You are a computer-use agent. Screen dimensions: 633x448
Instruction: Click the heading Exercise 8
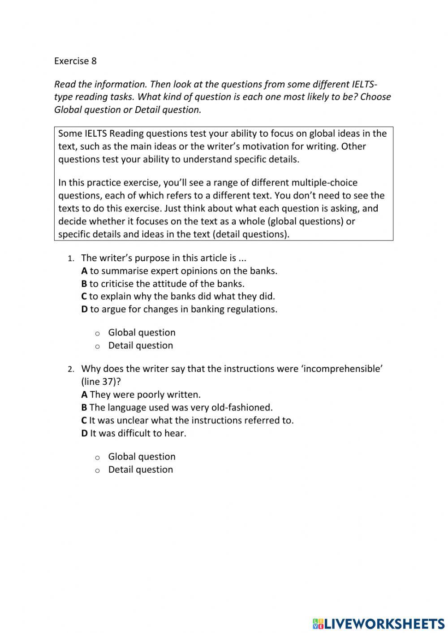click(x=75, y=61)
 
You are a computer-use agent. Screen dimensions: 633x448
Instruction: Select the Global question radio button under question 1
click(x=97, y=333)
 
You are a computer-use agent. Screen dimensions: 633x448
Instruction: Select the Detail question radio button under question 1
click(x=97, y=346)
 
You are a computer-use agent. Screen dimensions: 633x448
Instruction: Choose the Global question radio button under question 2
click(x=97, y=457)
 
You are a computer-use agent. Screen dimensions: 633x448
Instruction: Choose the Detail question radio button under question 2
click(x=97, y=470)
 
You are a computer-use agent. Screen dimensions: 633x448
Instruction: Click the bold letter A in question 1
click(x=84, y=271)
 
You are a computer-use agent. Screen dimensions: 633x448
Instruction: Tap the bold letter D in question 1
click(x=84, y=309)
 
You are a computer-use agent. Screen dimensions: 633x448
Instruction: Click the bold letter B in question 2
click(x=84, y=408)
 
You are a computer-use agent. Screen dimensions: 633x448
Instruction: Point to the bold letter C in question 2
click(x=84, y=421)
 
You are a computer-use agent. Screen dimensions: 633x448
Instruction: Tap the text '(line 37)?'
click(x=101, y=382)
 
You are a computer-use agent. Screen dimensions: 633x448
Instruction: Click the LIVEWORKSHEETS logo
click(x=379, y=623)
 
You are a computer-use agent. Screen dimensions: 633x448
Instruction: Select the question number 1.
click(x=70, y=259)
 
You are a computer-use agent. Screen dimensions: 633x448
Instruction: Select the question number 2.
click(x=70, y=370)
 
